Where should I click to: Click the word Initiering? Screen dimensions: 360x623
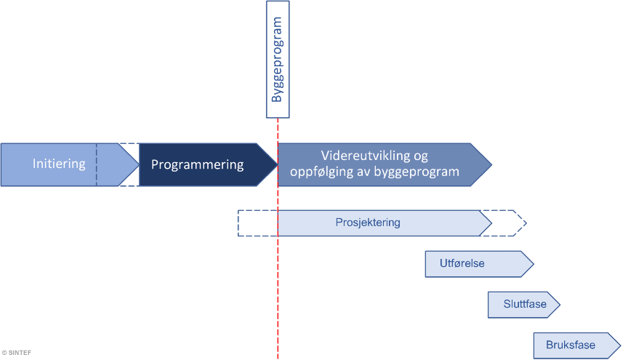[x=59, y=164]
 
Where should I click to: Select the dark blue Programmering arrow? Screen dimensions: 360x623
[x=197, y=164]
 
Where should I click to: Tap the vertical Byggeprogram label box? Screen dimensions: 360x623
[x=278, y=60]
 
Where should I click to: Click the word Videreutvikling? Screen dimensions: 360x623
[x=374, y=156]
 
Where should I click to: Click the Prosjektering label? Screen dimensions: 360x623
[x=368, y=223]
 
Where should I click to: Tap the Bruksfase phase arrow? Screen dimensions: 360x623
[x=571, y=345]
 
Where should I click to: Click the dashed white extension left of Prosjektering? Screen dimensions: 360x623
[x=257, y=223]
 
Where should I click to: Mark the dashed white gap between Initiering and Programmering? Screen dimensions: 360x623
[x=129, y=164]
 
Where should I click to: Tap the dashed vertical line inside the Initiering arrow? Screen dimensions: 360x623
[x=96, y=164]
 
